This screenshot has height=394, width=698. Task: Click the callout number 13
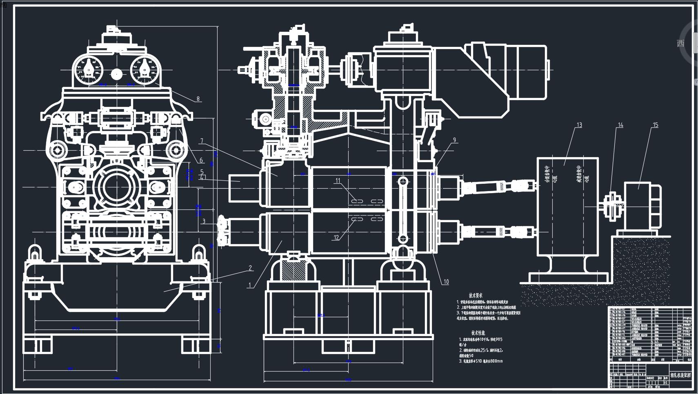[579, 125]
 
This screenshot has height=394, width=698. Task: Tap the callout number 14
[620, 125]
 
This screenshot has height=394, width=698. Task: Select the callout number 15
[655, 125]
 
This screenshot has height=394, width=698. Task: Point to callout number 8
[198, 99]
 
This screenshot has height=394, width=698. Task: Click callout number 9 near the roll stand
[454, 140]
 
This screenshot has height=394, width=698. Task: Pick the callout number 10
[446, 281]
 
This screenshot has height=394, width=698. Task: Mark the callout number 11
[338, 180]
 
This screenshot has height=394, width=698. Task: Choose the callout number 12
[336, 238]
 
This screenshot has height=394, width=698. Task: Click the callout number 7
[202, 141]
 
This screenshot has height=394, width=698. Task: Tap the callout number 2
[250, 268]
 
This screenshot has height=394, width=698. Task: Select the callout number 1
[250, 285]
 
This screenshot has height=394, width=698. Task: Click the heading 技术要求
[476, 295]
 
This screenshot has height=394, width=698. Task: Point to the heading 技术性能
[478, 333]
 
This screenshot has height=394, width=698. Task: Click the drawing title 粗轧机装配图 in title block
[680, 375]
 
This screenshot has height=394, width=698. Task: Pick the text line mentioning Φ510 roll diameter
[481, 361]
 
